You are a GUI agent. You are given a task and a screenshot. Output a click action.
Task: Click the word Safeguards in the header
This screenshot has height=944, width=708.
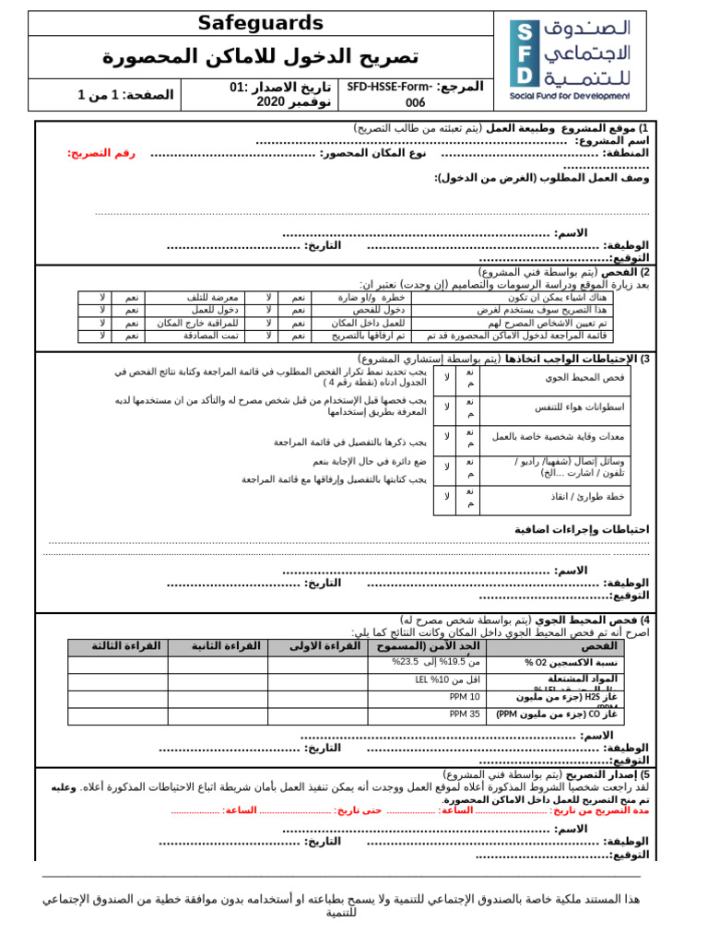tap(262, 24)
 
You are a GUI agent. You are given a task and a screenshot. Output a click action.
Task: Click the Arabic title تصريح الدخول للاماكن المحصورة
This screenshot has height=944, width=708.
tap(261, 57)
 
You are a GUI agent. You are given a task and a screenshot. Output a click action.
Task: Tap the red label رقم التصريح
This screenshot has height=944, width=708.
tap(101, 153)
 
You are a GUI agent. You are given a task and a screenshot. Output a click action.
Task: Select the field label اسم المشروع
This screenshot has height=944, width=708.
tap(612, 140)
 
